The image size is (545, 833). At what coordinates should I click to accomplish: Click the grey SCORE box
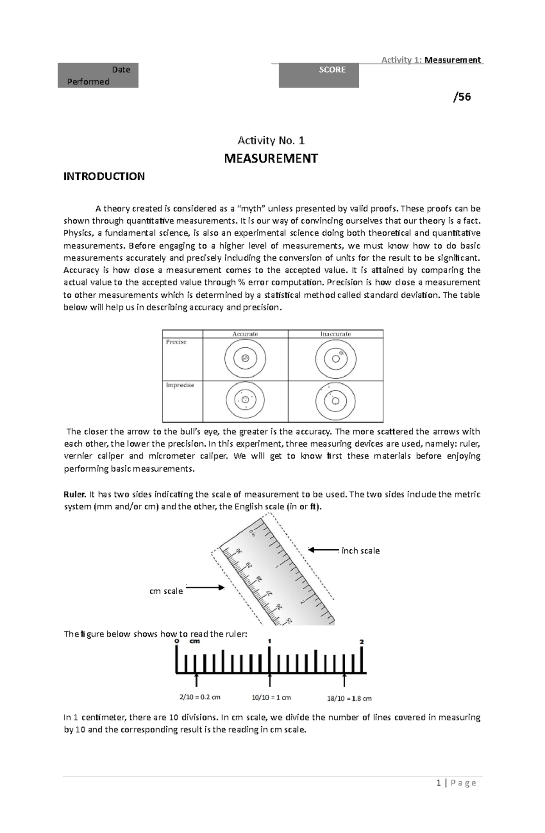click(x=318, y=75)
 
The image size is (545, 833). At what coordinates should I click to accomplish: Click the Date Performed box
click(x=98, y=75)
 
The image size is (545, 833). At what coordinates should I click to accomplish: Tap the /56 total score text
click(x=462, y=97)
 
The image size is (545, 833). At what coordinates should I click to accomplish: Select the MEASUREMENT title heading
click(x=271, y=158)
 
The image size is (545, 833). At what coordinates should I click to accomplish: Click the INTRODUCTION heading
click(x=104, y=177)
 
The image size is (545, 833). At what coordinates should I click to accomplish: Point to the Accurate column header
click(x=245, y=334)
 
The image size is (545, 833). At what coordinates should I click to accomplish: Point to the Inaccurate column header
click(x=336, y=334)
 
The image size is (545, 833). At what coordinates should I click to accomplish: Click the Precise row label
click(x=176, y=342)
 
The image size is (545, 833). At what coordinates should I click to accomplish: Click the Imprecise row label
click(x=180, y=385)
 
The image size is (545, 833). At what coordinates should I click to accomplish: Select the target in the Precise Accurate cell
click(x=245, y=359)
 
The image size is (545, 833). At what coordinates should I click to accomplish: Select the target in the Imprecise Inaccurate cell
click(x=336, y=401)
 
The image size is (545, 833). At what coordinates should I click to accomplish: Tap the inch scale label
click(x=360, y=551)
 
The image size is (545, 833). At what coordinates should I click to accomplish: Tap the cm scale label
click(x=166, y=591)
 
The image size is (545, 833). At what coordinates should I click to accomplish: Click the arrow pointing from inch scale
click(x=323, y=550)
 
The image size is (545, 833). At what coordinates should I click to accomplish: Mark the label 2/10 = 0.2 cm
click(x=200, y=697)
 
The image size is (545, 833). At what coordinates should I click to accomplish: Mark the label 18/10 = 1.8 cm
click(x=349, y=698)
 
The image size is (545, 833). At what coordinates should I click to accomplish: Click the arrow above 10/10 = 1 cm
click(x=270, y=680)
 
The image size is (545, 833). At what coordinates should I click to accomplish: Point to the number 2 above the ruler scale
click(x=362, y=642)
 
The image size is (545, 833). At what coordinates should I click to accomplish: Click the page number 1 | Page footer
click(x=456, y=783)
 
